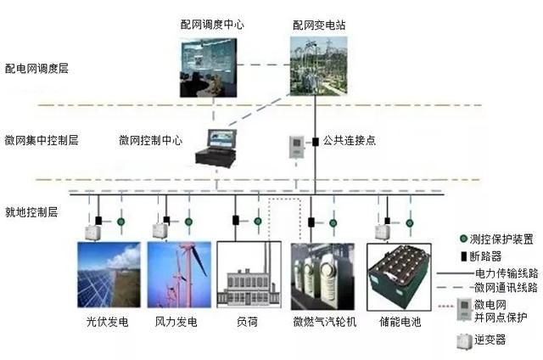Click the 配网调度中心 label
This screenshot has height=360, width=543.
[211, 25]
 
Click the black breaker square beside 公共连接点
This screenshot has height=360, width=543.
[315, 140]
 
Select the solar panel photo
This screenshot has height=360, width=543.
[109, 274]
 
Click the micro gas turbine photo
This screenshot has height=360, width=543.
[322, 275]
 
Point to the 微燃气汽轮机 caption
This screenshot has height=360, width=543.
[324, 323]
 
